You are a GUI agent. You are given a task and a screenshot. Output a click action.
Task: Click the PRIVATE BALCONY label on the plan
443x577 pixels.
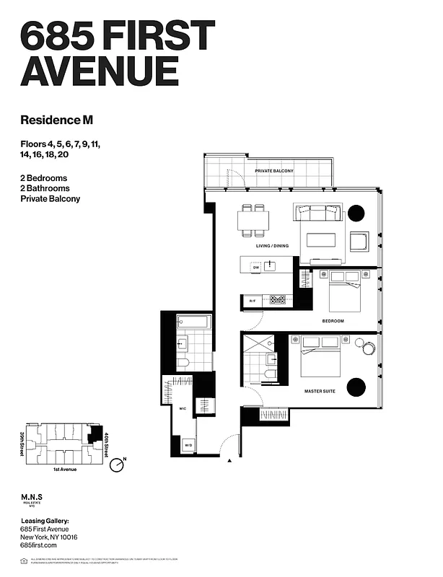pos(278,171)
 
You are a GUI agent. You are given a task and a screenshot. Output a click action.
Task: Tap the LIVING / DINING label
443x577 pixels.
pos(272,246)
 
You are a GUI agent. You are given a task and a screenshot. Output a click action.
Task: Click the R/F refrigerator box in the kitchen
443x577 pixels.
pos(253,300)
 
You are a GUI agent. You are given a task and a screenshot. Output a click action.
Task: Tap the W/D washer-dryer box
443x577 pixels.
pos(188,445)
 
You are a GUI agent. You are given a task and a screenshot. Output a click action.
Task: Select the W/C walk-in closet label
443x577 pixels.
pos(183,408)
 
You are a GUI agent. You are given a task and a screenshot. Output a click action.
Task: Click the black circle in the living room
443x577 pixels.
pos(356,213)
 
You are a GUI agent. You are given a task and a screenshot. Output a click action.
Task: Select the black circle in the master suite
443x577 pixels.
pos(356,387)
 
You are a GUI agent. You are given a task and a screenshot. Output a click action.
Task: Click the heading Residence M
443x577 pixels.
pos(57,120)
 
